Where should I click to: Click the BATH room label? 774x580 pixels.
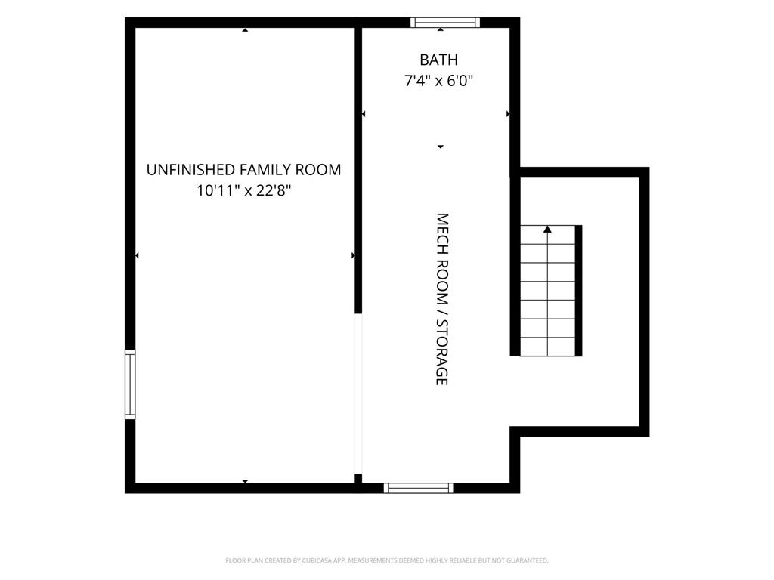point(438,60)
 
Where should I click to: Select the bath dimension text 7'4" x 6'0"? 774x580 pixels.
point(438,80)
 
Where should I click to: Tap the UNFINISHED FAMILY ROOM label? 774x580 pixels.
point(244,170)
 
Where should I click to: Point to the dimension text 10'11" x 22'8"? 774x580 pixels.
point(244,190)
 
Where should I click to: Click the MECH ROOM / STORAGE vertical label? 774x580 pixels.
point(441,299)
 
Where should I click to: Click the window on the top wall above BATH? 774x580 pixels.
point(445,22)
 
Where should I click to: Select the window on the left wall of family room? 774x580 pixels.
point(130,384)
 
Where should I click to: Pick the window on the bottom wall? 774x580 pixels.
point(419,489)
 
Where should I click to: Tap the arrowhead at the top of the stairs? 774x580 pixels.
point(547,230)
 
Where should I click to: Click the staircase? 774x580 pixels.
point(547,291)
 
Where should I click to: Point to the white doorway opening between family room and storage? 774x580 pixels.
point(358,393)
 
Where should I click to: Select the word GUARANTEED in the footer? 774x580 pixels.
point(530,560)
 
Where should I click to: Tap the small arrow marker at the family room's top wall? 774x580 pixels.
point(245,30)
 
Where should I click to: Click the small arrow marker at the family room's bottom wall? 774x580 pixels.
point(245,481)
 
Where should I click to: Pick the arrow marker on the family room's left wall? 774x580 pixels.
point(137,255)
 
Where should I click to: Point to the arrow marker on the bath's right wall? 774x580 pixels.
point(509,114)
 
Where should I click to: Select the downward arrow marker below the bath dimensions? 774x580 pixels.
point(441,147)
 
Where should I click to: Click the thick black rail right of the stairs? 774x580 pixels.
point(578,291)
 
